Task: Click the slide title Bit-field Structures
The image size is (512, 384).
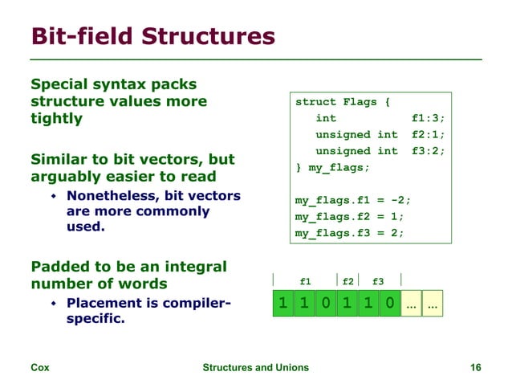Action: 152,36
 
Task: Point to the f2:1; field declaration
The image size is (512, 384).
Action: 427,135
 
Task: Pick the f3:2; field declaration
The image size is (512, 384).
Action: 427,151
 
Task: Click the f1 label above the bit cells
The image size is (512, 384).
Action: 305,282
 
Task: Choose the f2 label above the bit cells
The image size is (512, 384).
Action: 347,282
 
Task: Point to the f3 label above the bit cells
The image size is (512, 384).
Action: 378,282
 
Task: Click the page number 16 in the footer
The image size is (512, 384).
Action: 475,368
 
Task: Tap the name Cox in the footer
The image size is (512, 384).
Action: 39,368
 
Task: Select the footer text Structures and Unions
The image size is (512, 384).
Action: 255,368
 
